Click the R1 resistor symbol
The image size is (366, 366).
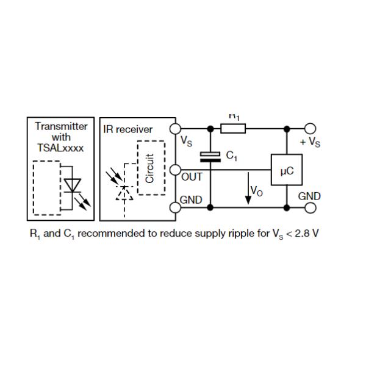[232, 129]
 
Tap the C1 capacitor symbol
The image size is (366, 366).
[211, 157]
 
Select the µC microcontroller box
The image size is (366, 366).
[287, 171]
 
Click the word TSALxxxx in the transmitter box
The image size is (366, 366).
[61, 148]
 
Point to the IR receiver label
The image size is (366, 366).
[128, 129]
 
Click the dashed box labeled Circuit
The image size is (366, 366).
[151, 168]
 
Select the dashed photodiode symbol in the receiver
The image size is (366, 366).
[124, 192]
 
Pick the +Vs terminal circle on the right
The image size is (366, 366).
[311, 129]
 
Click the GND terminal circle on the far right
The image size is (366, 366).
[311, 208]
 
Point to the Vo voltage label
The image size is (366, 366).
[257, 192]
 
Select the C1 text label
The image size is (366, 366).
[231, 156]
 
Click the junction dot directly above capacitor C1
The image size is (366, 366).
[211, 129]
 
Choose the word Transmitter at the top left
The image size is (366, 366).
[61, 127]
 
